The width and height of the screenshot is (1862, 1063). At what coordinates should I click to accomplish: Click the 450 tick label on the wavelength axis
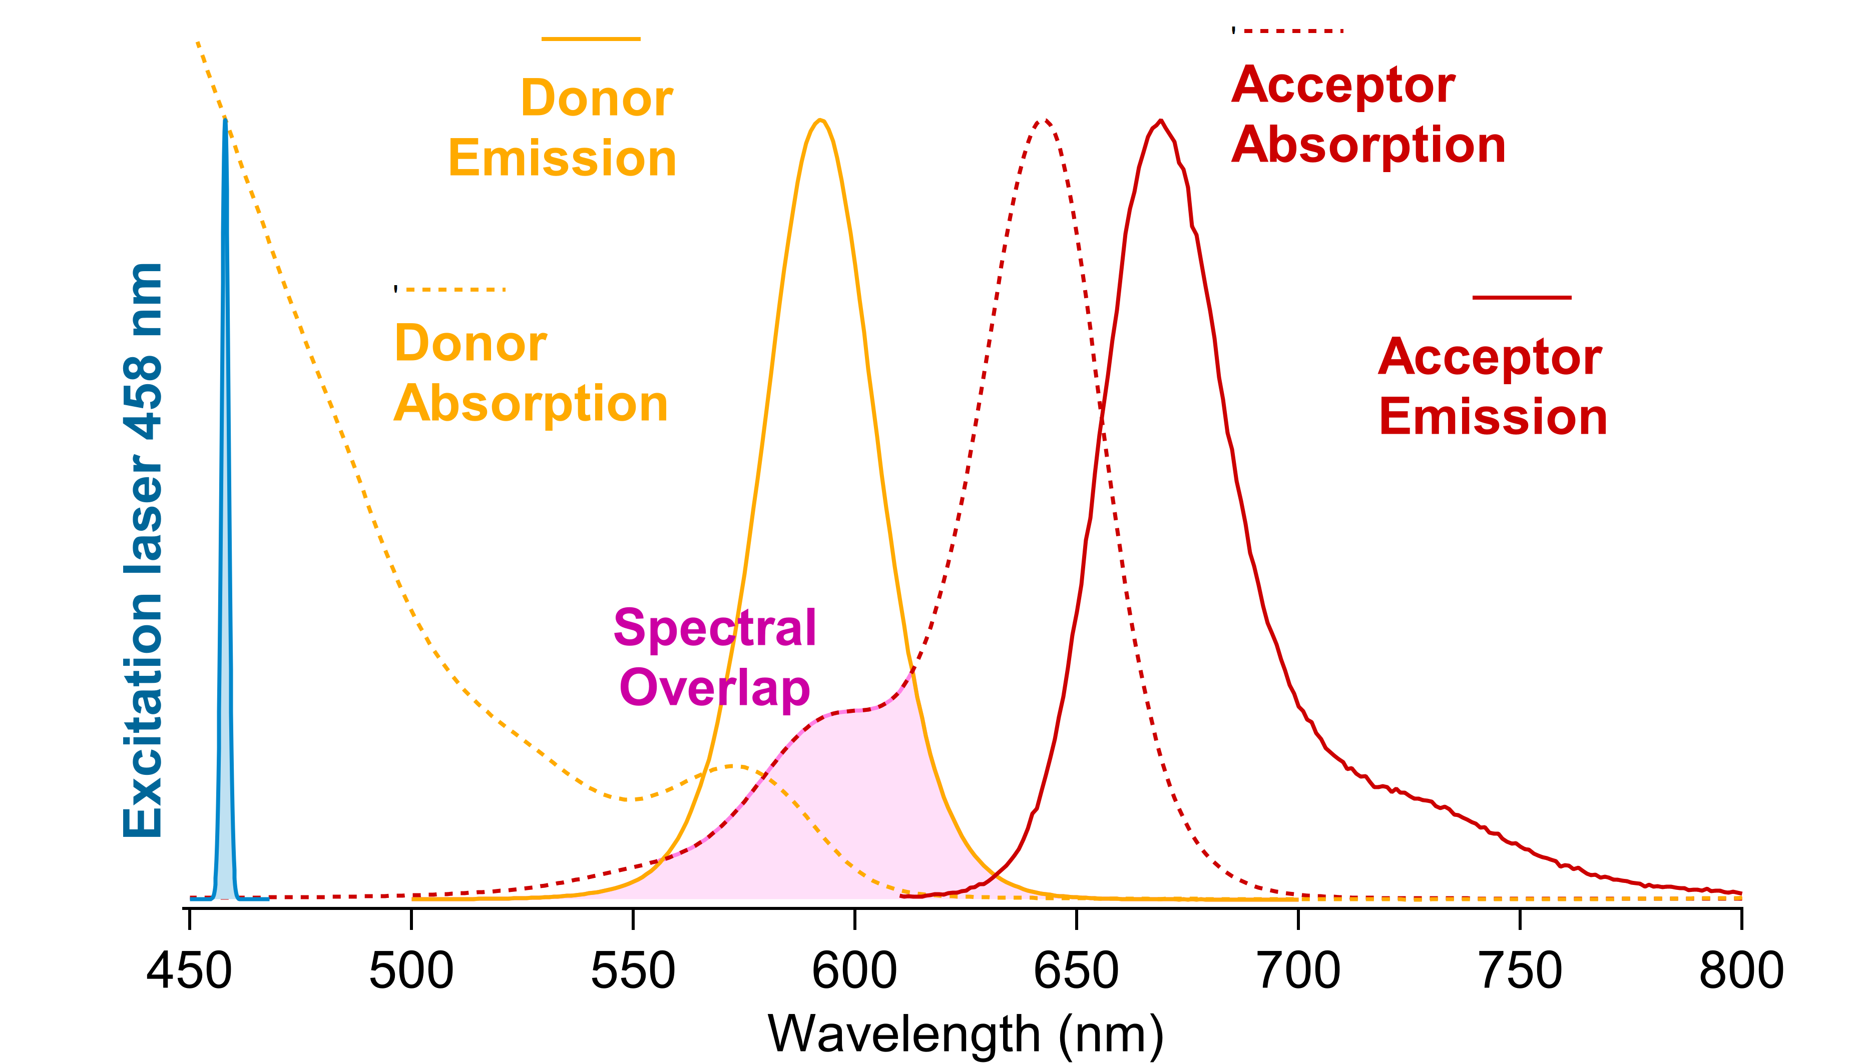click(189, 971)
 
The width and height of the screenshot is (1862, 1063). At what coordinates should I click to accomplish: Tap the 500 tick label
click(411, 971)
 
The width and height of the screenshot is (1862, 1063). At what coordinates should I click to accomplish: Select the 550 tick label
click(633, 971)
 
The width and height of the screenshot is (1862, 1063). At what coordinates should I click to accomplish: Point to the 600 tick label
click(854, 971)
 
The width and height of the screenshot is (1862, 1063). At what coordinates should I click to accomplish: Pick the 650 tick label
click(1076, 971)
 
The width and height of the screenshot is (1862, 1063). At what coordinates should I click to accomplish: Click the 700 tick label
click(1298, 971)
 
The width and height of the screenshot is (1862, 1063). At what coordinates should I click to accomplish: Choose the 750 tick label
click(1520, 971)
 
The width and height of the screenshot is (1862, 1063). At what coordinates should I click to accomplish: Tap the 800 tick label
click(1741, 971)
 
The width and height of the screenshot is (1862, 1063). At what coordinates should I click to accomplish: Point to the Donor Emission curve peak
click(820, 121)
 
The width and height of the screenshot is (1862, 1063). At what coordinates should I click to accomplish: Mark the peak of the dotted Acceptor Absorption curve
click(1044, 121)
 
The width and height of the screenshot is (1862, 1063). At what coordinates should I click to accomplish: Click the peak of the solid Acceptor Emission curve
click(1161, 121)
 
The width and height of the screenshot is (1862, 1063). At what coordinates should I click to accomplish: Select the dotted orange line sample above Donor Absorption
click(450, 289)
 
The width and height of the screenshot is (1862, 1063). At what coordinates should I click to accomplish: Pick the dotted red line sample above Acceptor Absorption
click(1288, 31)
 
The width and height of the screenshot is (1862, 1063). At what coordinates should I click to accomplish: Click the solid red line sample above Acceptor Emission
click(1522, 297)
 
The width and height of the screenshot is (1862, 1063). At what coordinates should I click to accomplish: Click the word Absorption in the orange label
click(531, 404)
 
